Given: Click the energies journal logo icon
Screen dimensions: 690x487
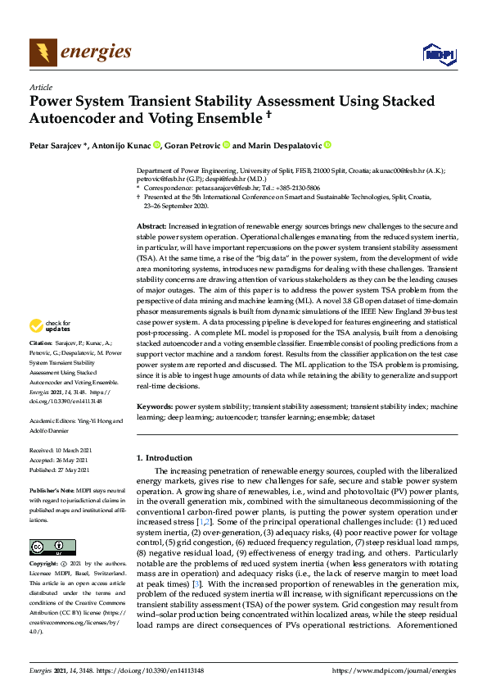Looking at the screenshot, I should tap(43, 52).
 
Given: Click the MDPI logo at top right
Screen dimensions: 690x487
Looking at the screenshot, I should tap(439, 54).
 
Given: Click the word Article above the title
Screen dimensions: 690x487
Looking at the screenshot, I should tap(41, 87).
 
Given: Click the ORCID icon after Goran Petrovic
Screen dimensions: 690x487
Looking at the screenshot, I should tap(226, 146).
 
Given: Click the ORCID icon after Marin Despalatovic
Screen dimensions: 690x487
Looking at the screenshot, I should tap(327, 146).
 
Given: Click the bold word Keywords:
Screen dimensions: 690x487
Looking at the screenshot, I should tap(156, 406).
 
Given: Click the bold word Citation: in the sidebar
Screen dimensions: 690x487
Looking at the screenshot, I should tap(43, 365).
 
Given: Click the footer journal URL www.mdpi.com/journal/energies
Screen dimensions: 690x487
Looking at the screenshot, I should tap(395, 670).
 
